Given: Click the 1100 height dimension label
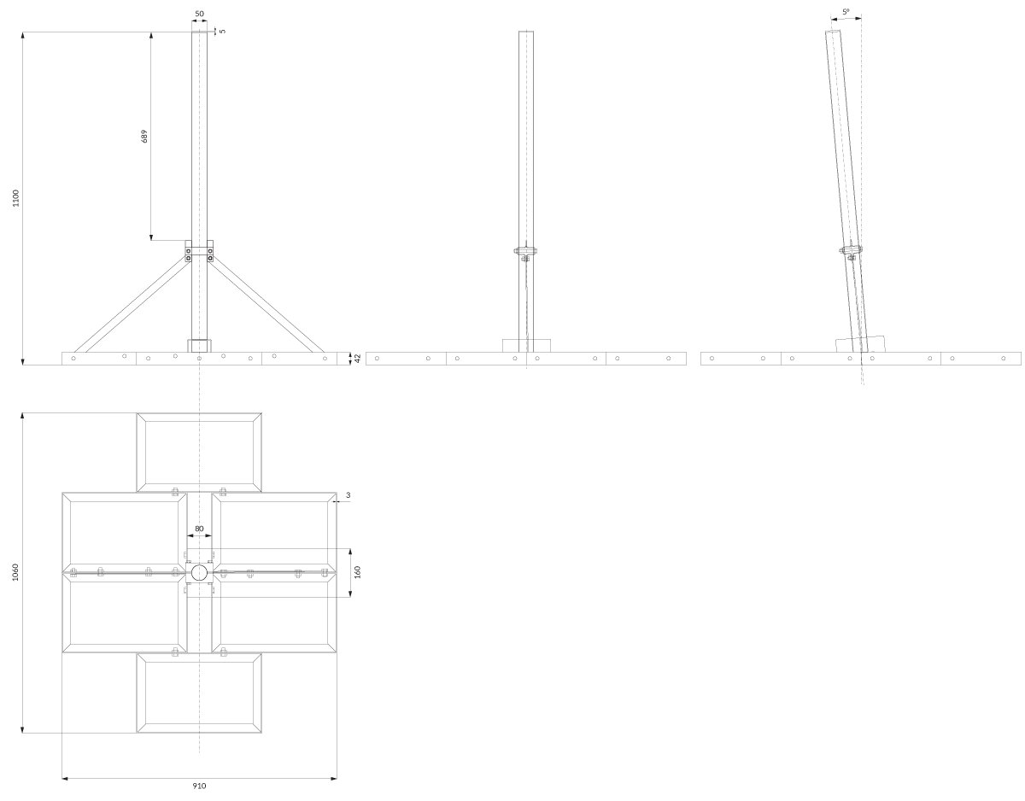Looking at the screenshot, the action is (x=16, y=197).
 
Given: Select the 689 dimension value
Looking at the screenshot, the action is (x=144, y=136).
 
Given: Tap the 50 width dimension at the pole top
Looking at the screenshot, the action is (x=199, y=14).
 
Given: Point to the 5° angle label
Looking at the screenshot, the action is (x=846, y=11).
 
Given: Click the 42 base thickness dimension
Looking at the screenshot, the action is (x=357, y=359).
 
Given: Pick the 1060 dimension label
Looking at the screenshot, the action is (x=16, y=572).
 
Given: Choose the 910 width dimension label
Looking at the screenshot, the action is (x=199, y=786).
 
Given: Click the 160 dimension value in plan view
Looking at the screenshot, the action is (x=357, y=572).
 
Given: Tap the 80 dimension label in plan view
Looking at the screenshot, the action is (x=199, y=529).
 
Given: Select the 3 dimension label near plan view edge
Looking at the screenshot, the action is (x=348, y=495).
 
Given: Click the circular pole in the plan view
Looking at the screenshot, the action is (x=199, y=573).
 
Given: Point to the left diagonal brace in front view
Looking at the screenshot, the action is (x=132, y=305).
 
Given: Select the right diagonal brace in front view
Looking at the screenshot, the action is (x=266, y=305).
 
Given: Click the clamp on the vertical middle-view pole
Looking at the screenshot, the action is (x=526, y=252).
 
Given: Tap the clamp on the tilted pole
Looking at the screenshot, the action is (x=851, y=252).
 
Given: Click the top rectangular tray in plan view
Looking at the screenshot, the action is (x=199, y=453).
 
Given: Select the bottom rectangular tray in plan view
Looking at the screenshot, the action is (x=199, y=693).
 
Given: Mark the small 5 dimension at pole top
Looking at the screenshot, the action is (x=223, y=31).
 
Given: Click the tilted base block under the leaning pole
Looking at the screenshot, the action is (x=861, y=344).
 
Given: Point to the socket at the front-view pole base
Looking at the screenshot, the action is (x=199, y=346).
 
